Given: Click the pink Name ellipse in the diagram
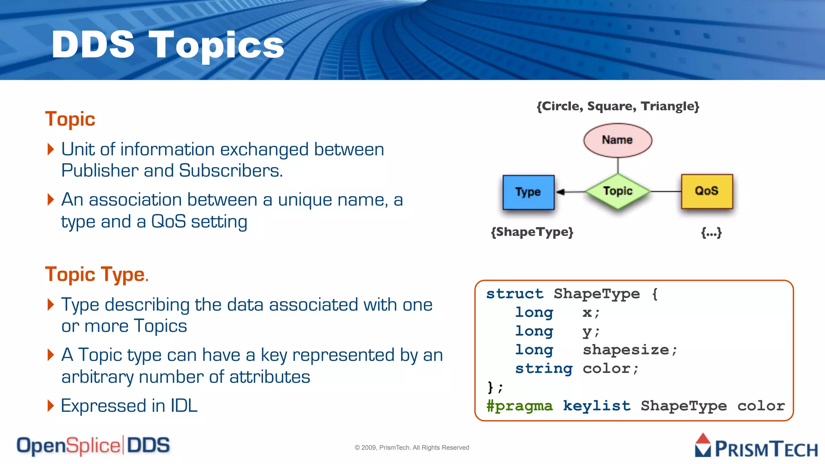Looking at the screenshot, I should click(x=618, y=140).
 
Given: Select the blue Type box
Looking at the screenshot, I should click(x=528, y=192).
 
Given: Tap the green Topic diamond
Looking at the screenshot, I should click(x=618, y=191).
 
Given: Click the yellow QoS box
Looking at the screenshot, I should click(x=707, y=191).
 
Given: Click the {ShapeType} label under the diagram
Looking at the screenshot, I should click(x=532, y=232).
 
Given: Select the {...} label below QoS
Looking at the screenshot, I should click(x=711, y=232).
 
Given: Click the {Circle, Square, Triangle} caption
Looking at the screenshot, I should click(x=618, y=106).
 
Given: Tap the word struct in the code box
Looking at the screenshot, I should click(x=514, y=294).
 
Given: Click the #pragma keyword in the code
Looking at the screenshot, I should click(x=519, y=406).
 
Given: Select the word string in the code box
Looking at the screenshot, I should click(x=543, y=368).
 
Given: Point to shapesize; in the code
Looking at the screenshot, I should click(x=630, y=350).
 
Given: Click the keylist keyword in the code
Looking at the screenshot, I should click(x=596, y=406).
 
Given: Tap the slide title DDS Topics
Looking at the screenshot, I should click(x=168, y=45).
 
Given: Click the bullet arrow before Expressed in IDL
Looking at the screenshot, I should click(x=51, y=406).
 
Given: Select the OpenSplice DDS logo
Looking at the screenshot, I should click(x=93, y=446).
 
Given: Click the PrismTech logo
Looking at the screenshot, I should click(x=756, y=446).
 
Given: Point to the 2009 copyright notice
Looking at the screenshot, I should click(x=412, y=447).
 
